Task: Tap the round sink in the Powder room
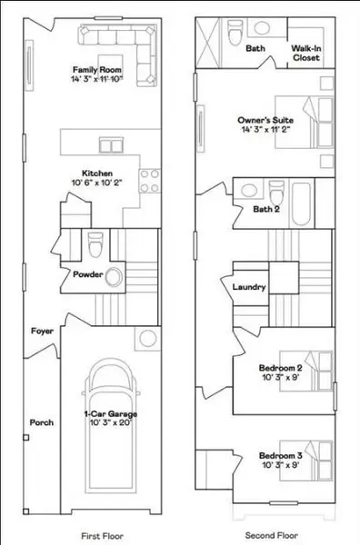pos(115,277)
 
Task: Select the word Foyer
pos(40,332)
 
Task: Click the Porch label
pos(42,422)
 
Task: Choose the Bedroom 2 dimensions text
pos(278,375)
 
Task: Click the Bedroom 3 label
pos(278,454)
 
